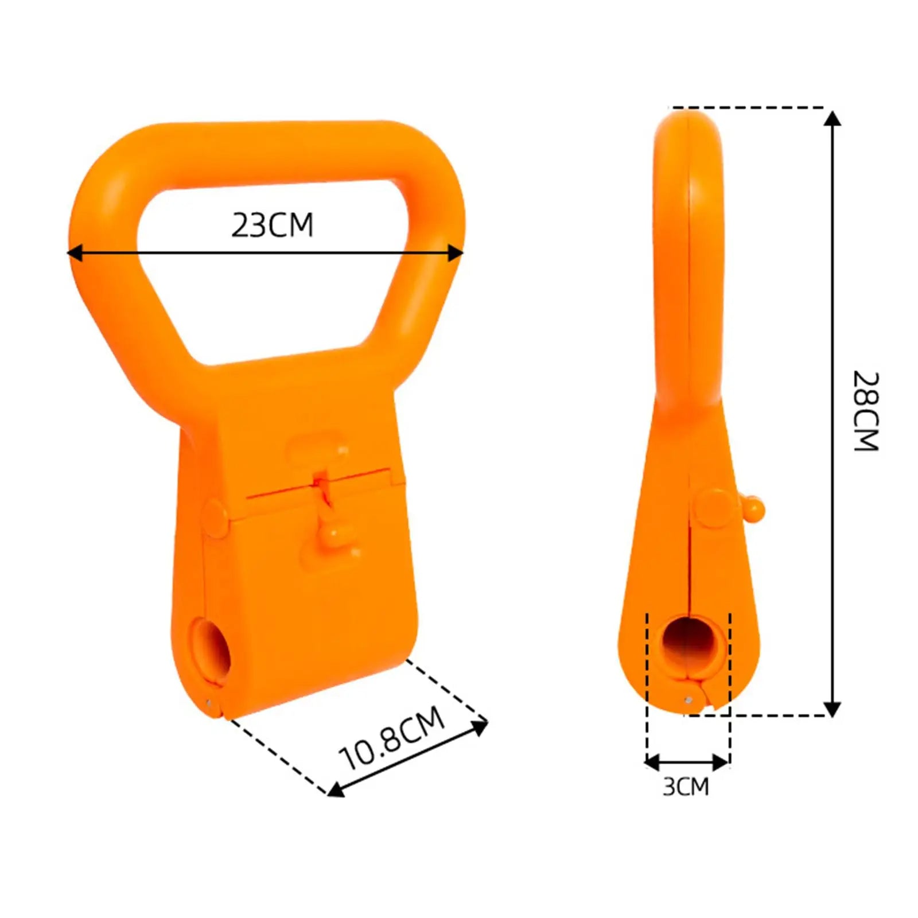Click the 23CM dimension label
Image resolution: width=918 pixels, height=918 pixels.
coord(273,225)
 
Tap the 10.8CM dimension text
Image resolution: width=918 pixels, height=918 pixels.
coord(392,738)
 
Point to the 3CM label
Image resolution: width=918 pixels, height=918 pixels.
coord(686,787)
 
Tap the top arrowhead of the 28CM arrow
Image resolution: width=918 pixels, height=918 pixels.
coord(832,119)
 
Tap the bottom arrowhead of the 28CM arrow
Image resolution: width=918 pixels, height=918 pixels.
coord(832,709)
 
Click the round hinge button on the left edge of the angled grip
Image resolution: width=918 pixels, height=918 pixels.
coord(215,518)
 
